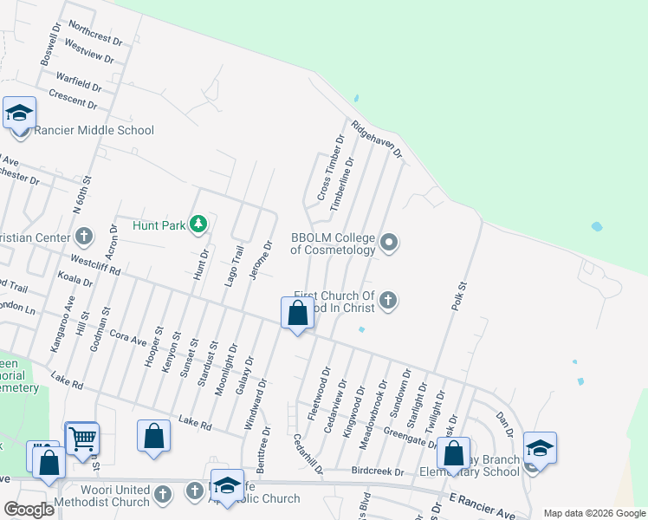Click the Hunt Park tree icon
click(199, 224)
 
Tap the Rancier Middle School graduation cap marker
click(19, 114)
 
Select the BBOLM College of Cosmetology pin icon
click(390, 243)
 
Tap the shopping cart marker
click(82, 439)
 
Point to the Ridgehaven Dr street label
click(377, 140)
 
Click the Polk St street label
click(460, 296)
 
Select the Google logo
click(29, 510)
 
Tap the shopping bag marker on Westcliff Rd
click(297, 314)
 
